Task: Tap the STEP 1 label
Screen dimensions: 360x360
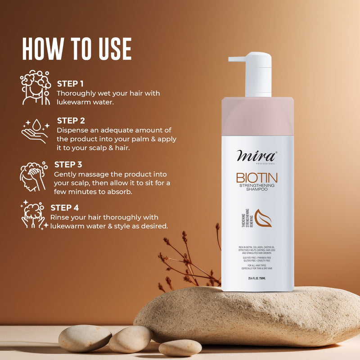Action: point(70,83)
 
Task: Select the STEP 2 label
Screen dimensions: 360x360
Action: point(71,121)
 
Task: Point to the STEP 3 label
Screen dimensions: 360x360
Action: point(68,164)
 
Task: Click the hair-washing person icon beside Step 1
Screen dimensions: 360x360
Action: point(36,87)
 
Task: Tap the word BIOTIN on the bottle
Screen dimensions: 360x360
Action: point(257,177)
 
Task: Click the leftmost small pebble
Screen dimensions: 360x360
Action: point(85,338)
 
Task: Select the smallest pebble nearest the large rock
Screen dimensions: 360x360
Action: point(180,347)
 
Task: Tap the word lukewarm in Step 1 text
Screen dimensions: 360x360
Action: point(75,102)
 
